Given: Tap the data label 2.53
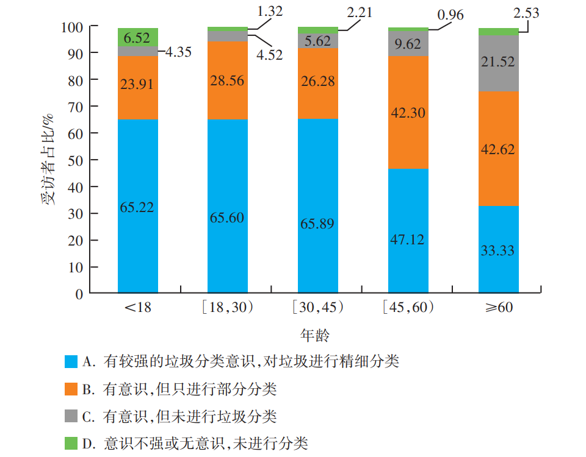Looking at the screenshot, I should tap(527, 13).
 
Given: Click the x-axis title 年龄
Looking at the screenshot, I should tap(316, 335).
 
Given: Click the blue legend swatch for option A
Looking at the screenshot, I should tap(71, 361).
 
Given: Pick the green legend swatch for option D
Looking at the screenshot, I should tap(71, 443).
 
